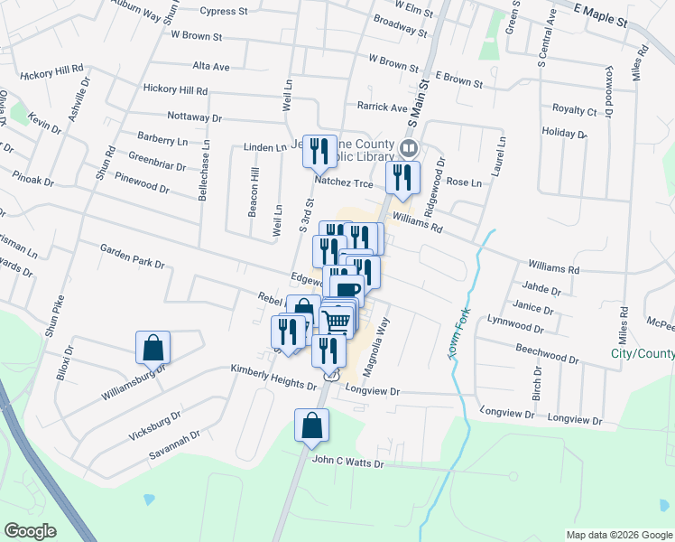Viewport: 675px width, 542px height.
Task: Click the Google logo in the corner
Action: click(x=29, y=531)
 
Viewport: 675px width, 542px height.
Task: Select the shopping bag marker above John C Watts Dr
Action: click(x=311, y=426)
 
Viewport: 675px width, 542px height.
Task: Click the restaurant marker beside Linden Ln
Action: click(x=318, y=152)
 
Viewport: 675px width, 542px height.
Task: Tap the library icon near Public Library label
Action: click(x=409, y=148)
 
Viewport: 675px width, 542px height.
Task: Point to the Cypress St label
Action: click(x=223, y=12)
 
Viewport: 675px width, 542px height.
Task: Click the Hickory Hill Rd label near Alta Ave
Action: click(x=175, y=90)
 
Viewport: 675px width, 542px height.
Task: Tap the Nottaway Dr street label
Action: click(x=194, y=117)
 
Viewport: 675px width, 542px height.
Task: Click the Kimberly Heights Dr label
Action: click(x=273, y=377)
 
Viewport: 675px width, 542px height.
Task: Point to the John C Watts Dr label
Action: click(x=347, y=462)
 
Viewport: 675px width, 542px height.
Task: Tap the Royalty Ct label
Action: click(x=574, y=110)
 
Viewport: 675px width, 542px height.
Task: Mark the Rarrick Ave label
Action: click(x=382, y=107)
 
